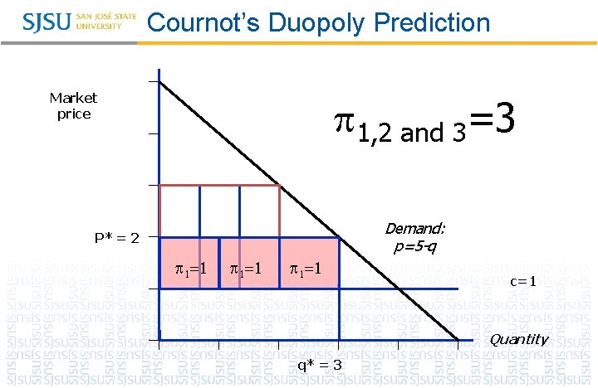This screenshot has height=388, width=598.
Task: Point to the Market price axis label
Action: coord(73,106)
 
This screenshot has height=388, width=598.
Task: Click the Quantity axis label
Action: coord(518,339)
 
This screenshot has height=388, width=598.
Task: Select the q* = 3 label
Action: coord(320,365)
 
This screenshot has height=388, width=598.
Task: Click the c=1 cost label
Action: coord(523,282)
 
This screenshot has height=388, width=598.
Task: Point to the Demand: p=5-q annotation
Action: coord(414,237)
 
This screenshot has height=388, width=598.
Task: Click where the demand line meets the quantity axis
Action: coord(458,340)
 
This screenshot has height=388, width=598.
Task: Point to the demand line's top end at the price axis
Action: coord(160,81)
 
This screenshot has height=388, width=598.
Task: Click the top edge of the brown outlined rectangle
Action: coord(219,185)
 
